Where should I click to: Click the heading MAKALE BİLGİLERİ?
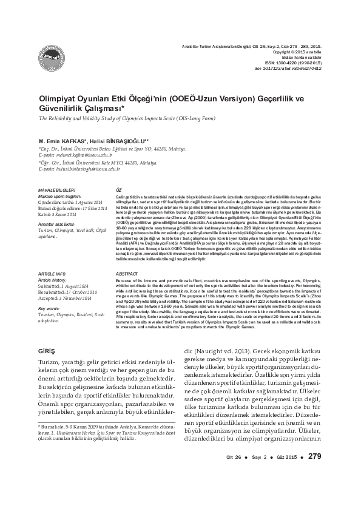point(56,190)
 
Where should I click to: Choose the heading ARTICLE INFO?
point(52,275)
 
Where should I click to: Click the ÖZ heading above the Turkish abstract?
point(118,190)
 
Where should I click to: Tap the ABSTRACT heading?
point(126,275)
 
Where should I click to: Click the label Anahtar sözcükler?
point(56,225)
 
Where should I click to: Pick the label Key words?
point(49,309)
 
